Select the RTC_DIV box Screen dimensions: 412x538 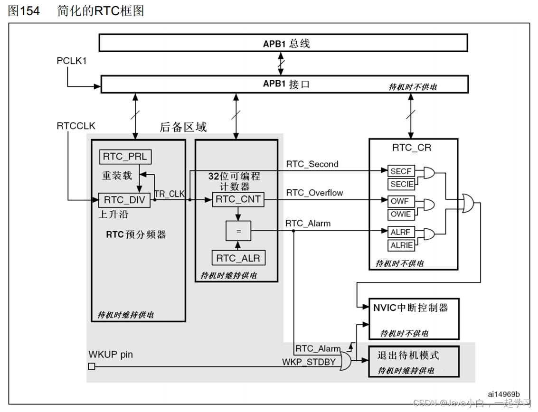click(x=124, y=200)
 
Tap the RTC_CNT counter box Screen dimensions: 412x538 click(x=238, y=199)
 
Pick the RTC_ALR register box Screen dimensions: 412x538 click(x=238, y=258)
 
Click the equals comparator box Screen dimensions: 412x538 click(x=238, y=232)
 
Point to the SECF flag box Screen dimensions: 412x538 click(x=401, y=171)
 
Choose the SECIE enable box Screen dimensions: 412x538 click(x=401, y=184)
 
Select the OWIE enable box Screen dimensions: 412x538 click(x=401, y=214)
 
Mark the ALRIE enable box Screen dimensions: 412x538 click(x=401, y=245)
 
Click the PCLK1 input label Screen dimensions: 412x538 click(x=72, y=61)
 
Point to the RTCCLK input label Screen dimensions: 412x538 click(x=76, y=126)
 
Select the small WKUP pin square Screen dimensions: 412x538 click(x=92, y=366)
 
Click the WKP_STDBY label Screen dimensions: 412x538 click(x=309, y=362)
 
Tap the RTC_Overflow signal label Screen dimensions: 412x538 click(x=314, y=193)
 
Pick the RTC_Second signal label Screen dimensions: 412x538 click(x=312, y=164)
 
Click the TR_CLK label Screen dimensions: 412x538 click(x=170, y=194)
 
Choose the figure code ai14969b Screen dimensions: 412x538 click(x=503, y=394)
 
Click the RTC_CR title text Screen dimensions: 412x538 click(x=412, y=148)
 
